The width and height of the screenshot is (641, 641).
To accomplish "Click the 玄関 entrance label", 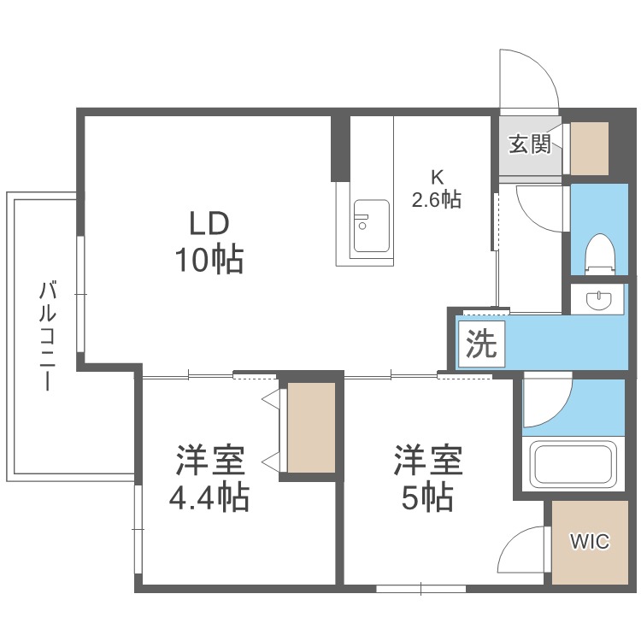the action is pos(530,144).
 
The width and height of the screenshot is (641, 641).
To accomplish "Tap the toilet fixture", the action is pos(601,254).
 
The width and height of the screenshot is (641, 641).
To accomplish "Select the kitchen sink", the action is pos(371,226).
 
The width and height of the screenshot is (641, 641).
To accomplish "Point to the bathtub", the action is pos(573,464).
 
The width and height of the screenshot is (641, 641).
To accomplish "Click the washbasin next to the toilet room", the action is pos(598,299).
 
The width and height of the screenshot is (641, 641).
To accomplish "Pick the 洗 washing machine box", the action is pos(481,344).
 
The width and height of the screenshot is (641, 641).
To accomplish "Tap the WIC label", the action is pos(590,542).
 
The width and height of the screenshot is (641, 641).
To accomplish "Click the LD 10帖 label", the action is pos(209,242).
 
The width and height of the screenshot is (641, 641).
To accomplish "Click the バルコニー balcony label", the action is pos(48,336).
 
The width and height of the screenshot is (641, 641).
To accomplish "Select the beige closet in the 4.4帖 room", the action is pos(311,427).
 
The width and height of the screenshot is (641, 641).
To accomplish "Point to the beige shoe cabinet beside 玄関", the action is pos(590,149).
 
